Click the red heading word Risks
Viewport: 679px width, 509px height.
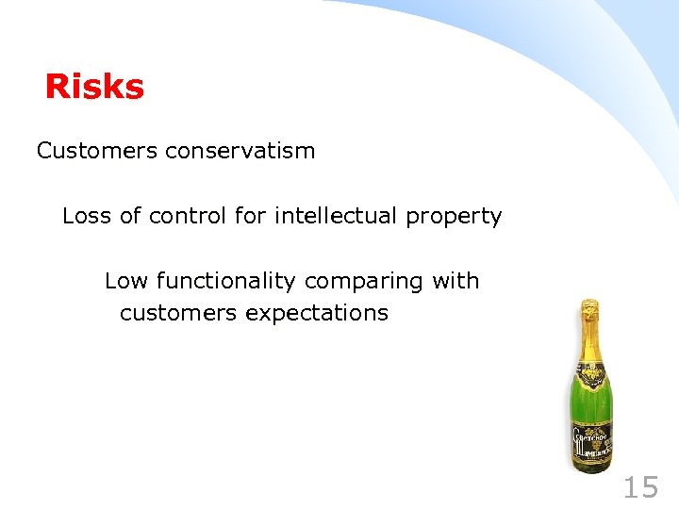94,88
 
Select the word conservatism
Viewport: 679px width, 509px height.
240,151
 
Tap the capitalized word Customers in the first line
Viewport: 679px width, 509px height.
96,151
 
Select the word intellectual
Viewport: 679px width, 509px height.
336,216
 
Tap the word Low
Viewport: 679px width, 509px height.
125,281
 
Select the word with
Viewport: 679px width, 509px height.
455,281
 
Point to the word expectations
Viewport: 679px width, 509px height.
316,313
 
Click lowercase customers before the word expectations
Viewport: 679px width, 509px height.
178,313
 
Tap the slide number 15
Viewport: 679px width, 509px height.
640,487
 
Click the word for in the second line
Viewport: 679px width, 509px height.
251,216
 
